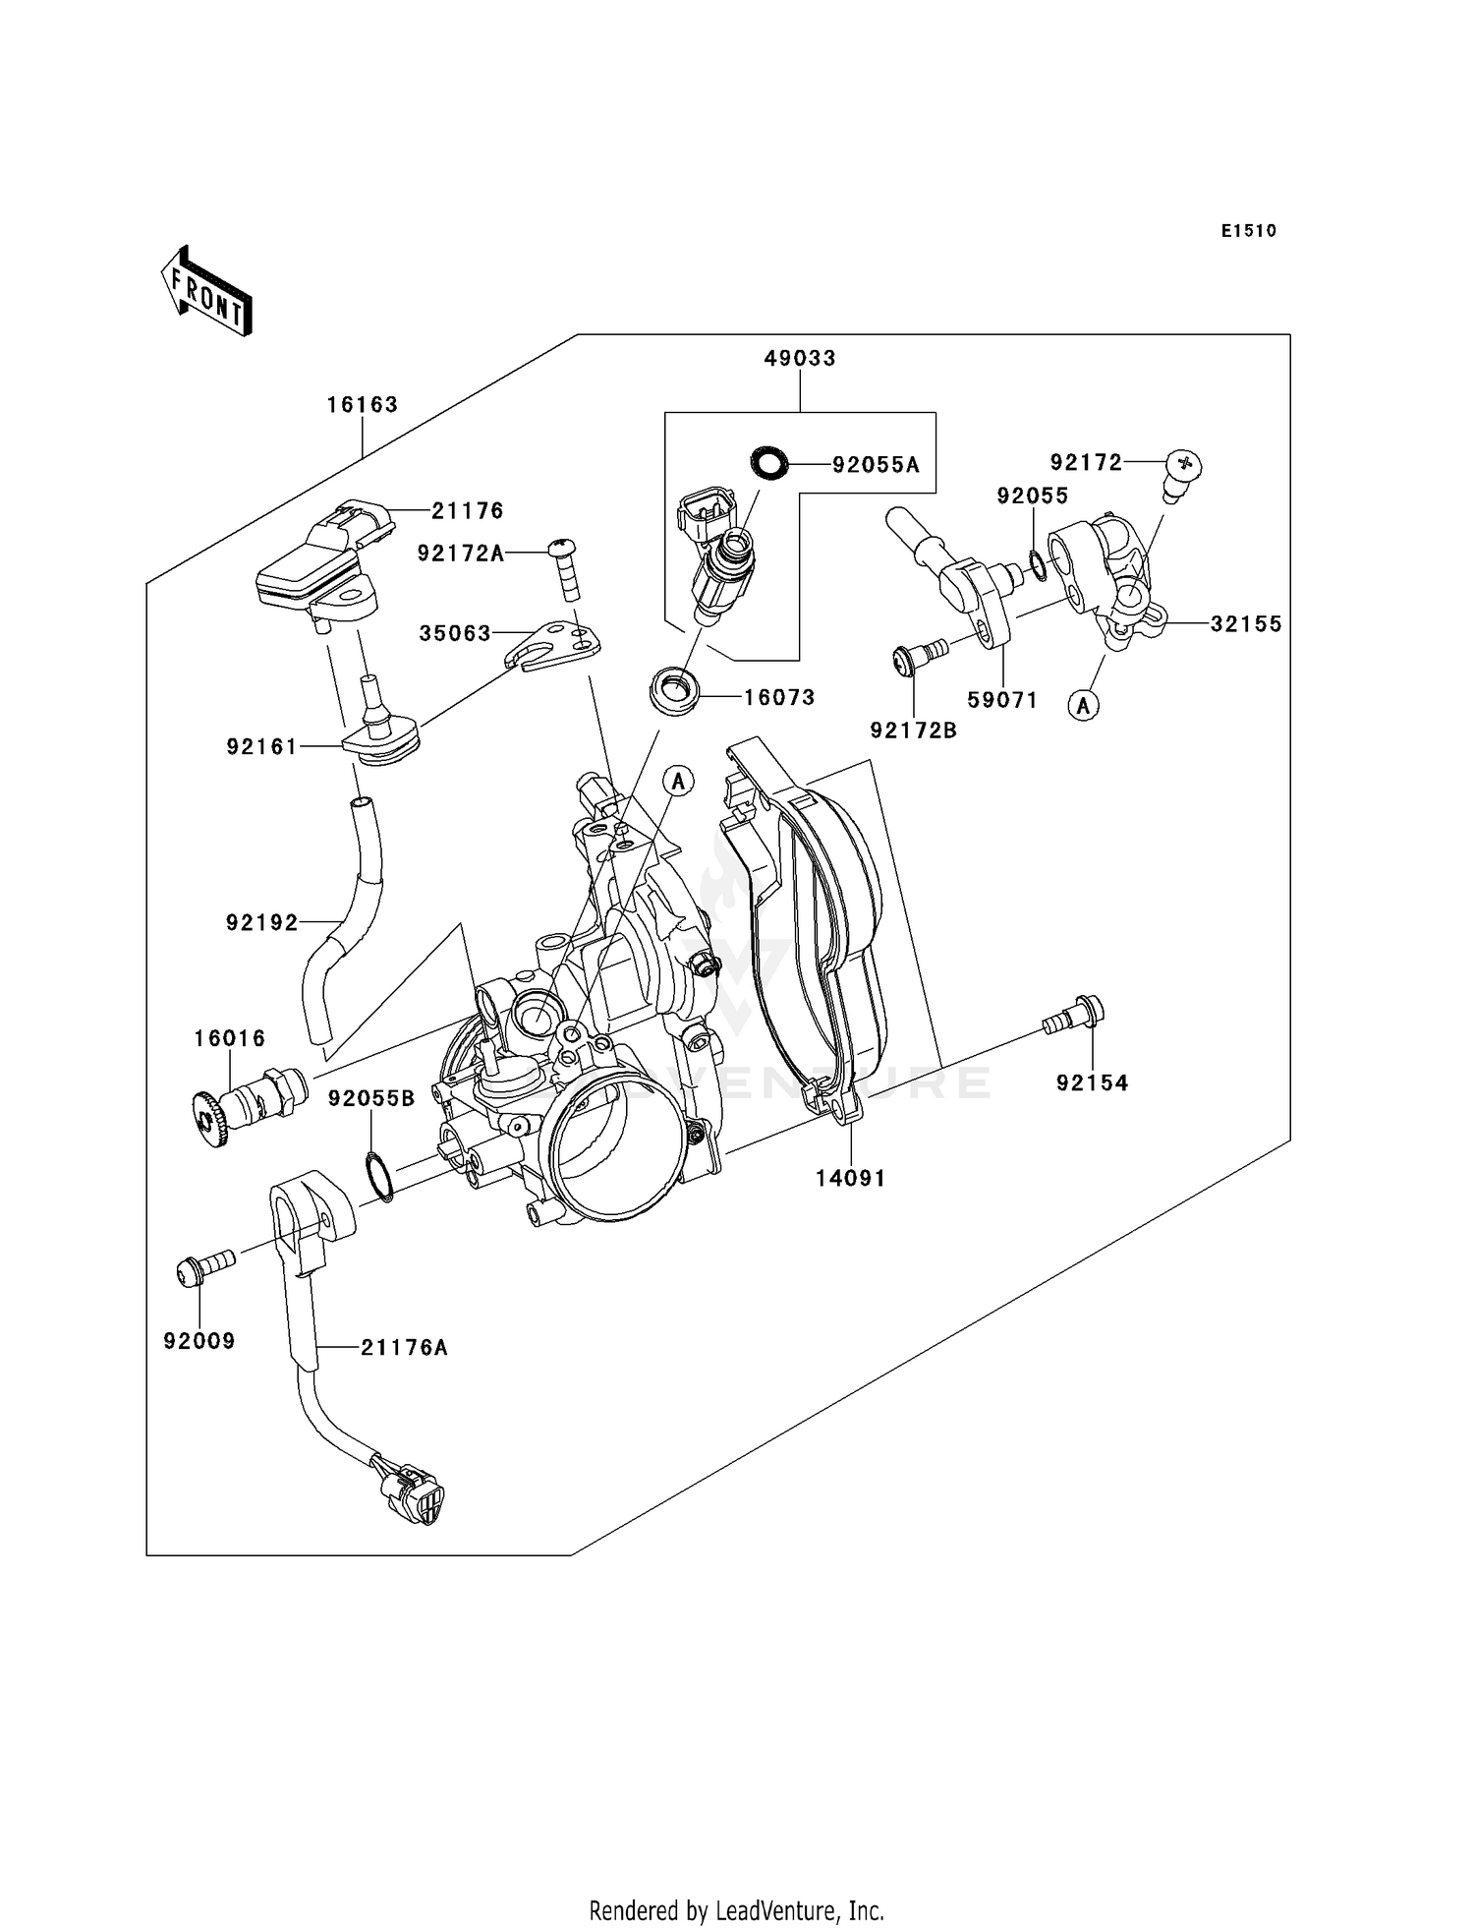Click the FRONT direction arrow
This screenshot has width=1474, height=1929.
(x=206, y=291)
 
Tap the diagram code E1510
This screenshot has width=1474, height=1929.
(x=1249, y=231)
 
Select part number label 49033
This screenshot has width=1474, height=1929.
(x=800, y=359)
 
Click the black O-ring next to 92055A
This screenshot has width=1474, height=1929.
(x=769, y=462)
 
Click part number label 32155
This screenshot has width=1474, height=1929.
(x=1246, y=624)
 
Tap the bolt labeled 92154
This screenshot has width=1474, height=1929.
(x=1074, y=1015)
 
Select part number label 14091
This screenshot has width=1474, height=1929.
(x=850, y=1178)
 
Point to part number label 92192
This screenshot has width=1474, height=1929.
(x=261, y=923)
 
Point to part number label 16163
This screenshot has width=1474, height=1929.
(x=362, y=405)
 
